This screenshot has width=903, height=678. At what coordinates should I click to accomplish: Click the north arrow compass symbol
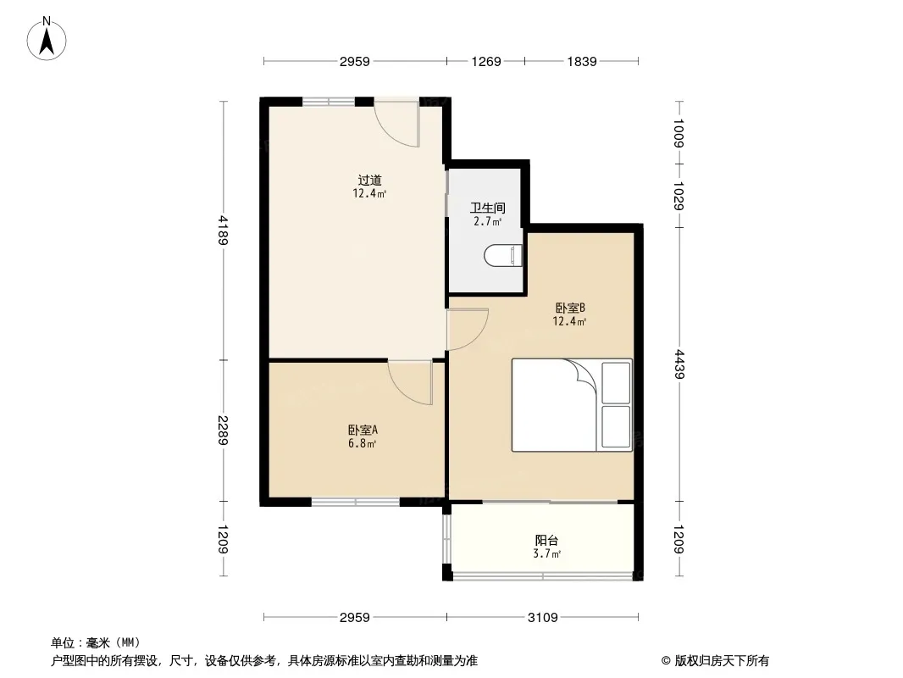(x=47, y=39)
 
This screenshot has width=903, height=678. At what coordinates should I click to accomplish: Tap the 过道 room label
(x=369, y=181)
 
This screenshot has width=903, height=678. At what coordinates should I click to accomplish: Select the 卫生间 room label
(x=488, y=208)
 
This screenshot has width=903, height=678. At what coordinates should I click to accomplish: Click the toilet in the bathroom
(x=503, y=255)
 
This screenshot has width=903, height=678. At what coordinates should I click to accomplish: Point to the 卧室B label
(x=570, y=308)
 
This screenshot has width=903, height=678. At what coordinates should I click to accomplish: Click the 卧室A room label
(x=363, y=431)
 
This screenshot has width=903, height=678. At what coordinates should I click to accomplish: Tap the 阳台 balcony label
(x=546, y=541)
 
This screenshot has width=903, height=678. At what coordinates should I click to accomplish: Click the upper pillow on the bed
(x=616, y=383)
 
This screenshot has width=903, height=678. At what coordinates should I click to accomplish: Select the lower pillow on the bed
(x=616, y=427)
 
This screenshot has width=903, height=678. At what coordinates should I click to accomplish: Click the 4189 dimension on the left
(x=224, y=231)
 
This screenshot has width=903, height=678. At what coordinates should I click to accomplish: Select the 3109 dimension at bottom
(x=543, y=618)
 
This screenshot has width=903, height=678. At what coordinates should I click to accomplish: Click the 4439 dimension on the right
(x=679, y=364)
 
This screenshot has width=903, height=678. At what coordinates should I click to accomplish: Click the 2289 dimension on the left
(x=224, y=431)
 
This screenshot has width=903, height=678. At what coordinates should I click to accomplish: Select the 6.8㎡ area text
(x=363, y=444)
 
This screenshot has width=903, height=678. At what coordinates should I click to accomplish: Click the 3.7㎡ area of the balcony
(x=546, y=554)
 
